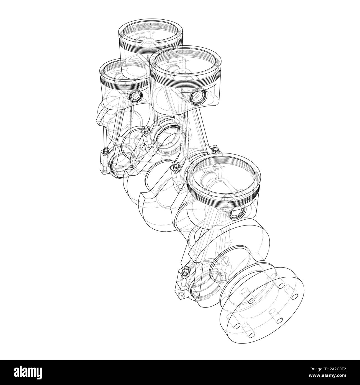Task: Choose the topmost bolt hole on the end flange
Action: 282,286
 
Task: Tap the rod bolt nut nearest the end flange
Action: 187,269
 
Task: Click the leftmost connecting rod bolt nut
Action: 105,152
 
